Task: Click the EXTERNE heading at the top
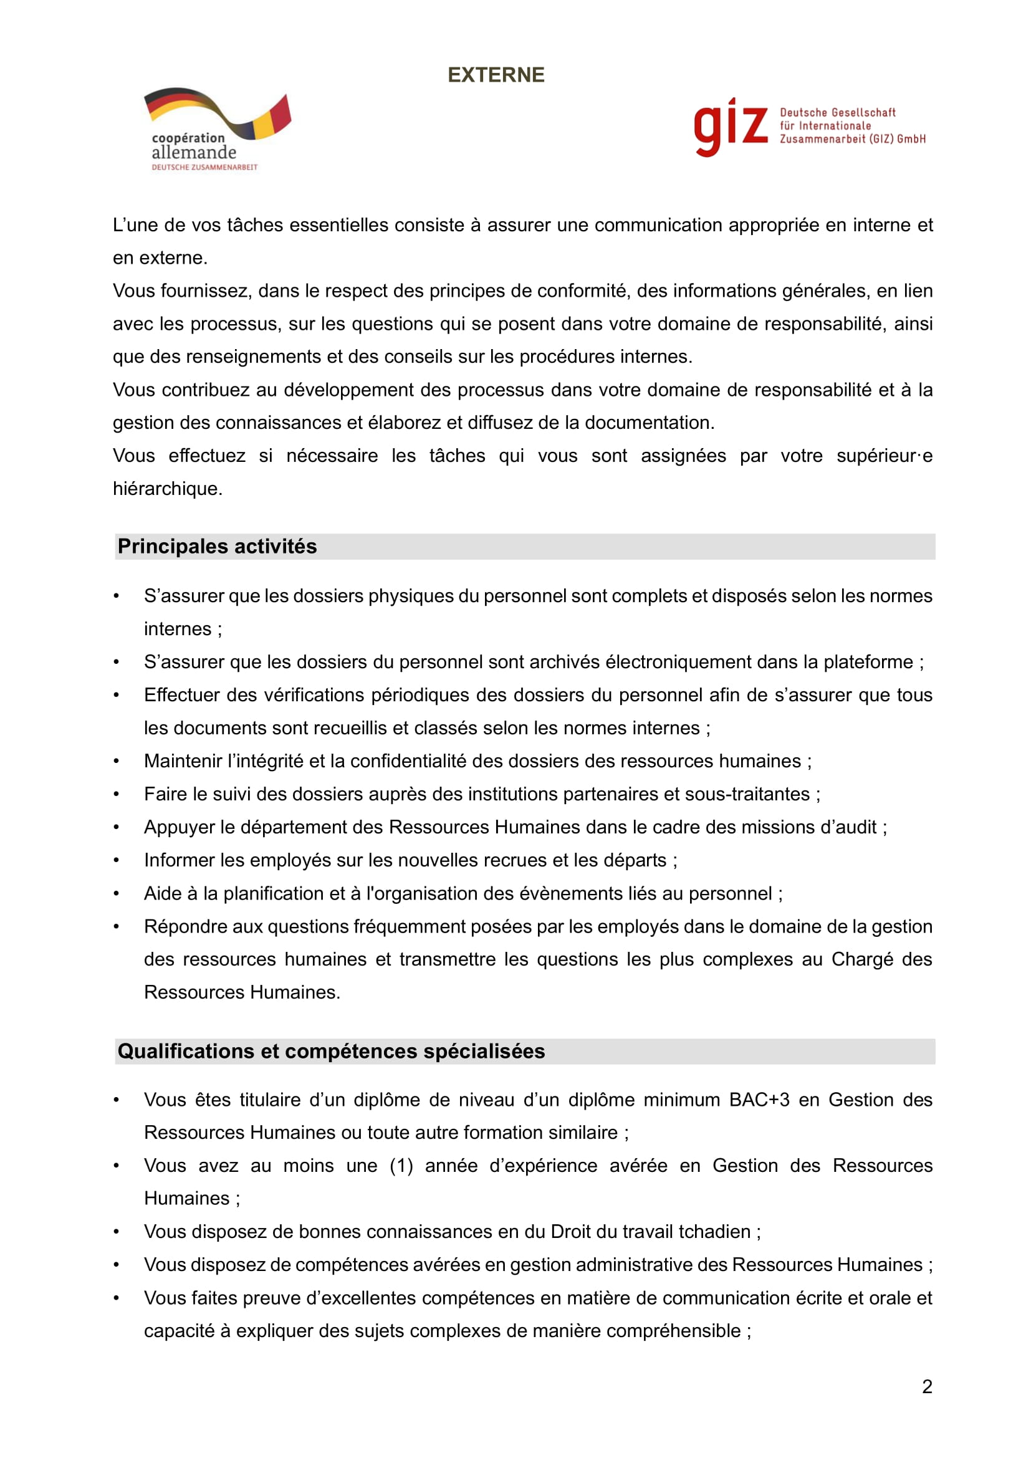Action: pyautogui.click(x=496, y=75)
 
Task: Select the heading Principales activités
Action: pyautogui.click(x=217, y=547)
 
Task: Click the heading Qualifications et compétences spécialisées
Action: pyautogui.click(x=331, y=1052)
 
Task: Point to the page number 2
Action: pyautogui.click(x=927, y=1386)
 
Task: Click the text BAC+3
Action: pyautogui.click(x=759, y=1100)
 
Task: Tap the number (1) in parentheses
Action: pyautogui.click(x=401, y=1166)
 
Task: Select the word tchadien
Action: pyautogui.click(x=714, y=1232)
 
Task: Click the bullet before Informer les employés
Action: pyautogui.click(x=116, y=860)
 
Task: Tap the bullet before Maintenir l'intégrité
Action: pyautogui.click(x=116, y=761)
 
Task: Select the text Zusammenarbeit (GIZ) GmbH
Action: pyautogui.click(x=853, y=139)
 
